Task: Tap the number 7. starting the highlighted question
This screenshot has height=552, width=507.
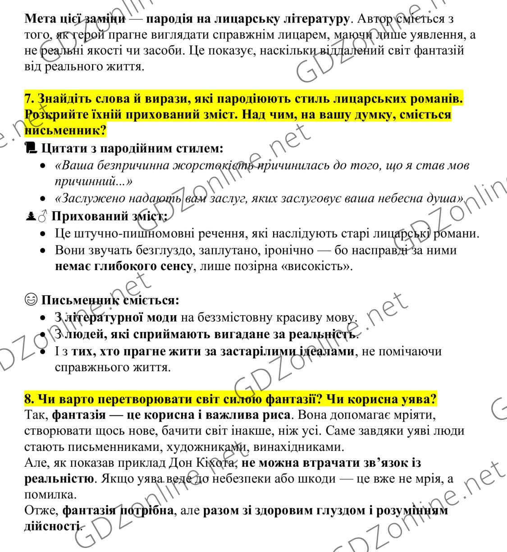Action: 29,98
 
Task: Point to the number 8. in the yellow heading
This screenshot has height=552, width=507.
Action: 29,399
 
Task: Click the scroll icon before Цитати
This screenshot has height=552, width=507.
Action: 30,147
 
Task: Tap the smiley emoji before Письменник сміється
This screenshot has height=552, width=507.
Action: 30,300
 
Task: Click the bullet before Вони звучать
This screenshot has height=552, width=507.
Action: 42,250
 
